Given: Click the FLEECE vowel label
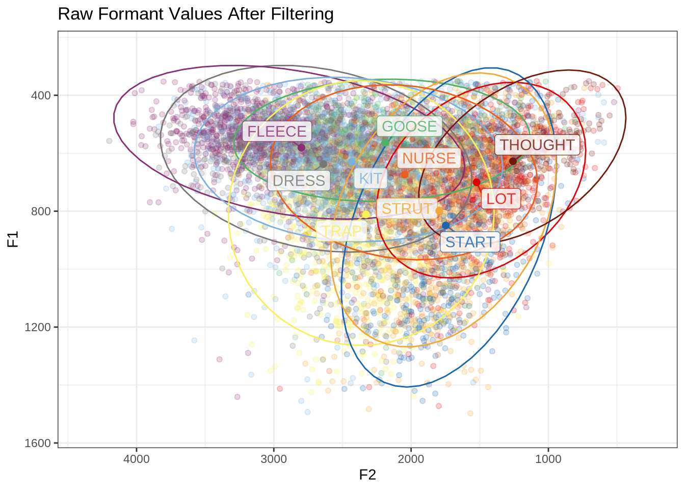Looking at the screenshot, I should [x=277, y=132].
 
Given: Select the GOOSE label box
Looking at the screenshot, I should [x=409, y=127].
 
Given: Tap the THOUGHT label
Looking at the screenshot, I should [x=537, y=145].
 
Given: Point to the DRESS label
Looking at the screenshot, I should [x=299, y=181].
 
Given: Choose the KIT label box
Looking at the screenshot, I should [x=371, y=179].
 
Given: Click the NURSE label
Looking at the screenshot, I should [x=429, y=158].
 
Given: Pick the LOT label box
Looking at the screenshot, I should [x=501, y=199].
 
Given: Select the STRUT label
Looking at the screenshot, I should [x=407, y=209].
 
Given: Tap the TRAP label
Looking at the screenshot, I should [x=341, y=231].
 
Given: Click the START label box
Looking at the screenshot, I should [x=470, y=242].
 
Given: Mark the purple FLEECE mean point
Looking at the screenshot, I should [x=301, y=148].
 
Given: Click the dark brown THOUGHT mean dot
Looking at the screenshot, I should [x=513, y=161].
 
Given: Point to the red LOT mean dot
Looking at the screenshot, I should [x=477, y=182].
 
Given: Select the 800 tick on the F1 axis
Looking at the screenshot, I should [x=45, y=211].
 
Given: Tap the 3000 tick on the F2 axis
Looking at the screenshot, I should [x=274, y=459].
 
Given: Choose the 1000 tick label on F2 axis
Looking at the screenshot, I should [x=548, y=459].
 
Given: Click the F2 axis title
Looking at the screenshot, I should [x=367, y=475].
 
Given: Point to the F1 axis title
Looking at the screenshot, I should [x=13, y=239].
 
